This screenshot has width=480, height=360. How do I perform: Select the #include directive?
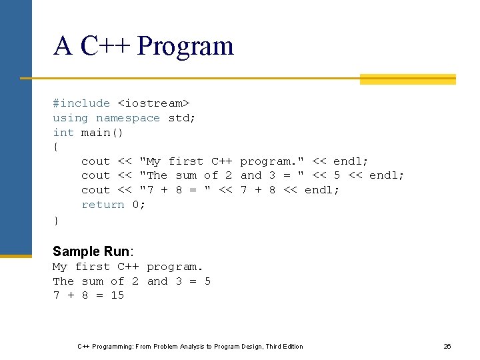pyautogui.click(x=81, y=103)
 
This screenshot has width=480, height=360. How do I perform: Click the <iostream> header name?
pyautogui.click(x=153, y=103)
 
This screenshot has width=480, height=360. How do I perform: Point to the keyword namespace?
pyautogui.click(x=128, y=118)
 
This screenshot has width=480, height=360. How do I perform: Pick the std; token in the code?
pyautogui.click(x=182, y=118)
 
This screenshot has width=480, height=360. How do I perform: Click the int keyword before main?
pyautogui.click(x=63, y=133)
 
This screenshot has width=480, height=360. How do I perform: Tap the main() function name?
pyautogui.click(x=102, y=133)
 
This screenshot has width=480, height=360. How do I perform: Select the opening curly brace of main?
pyautogui.click(x=56, y=147)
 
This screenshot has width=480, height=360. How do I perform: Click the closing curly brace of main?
pyautogui.click(x=56, y=219)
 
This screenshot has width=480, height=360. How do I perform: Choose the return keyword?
pyautogui.click(x=103, y=205)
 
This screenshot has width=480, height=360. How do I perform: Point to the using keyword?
pyautogui.click(x=70, y=118)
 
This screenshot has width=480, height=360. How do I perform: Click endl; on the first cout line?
pyautogui.click(x=351, y=161)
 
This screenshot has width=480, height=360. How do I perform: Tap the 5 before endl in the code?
pyautogui.click(x=337, y=175)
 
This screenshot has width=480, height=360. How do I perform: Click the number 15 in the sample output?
pyautogui.click(x=117, y=295)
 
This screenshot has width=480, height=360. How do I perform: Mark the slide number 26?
pyautogui.click(x=447, y=347)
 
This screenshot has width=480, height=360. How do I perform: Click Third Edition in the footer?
pyautogui.click(x=284, y=347)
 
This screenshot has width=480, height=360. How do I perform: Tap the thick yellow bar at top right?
pyautogui.click(x=407, y=79)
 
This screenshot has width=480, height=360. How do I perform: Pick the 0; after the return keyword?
pyautogui.click(x=139, y=205)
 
